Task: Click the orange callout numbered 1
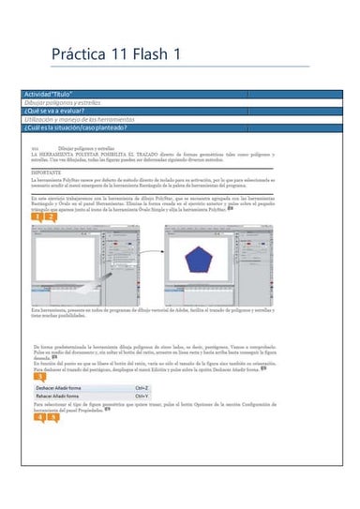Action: pyautogui.click(x=37, y=217)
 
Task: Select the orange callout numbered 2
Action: pyautogui.click(x=50, y=217)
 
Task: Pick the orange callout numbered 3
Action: pyautogui.click(x=38, y=378)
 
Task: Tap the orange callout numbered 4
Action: pyautogui.click(x=38, y=416)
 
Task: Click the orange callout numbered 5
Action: pyautogui.click(x=52, y=416)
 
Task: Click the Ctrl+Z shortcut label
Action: pyautogui.click(x=142, y=387)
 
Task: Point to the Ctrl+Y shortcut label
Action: pyautogui.click(x=142, y=397)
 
